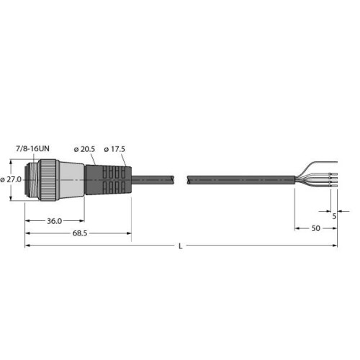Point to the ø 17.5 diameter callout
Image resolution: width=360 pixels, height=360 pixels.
[114, 149]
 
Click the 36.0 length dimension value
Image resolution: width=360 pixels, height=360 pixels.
[53, 222]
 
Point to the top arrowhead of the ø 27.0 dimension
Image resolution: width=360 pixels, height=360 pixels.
[23, 164]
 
